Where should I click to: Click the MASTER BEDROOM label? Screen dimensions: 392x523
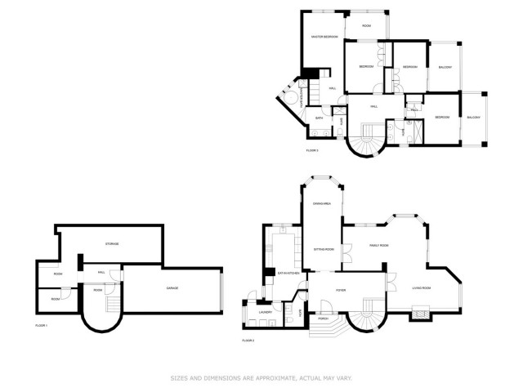[x=324, y=37]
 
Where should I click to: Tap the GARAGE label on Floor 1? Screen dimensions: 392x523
[x=172, y=288]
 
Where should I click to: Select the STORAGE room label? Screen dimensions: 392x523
[x=112, y=243]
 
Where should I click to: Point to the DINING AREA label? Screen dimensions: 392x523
[x=321, y=203]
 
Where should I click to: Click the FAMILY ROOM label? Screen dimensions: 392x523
[x=378, y=245]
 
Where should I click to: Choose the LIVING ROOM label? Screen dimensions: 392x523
[x=422, y=288]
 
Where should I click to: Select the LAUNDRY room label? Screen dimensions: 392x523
[x=265, y=312]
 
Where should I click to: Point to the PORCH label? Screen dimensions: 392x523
[x=324, y=318]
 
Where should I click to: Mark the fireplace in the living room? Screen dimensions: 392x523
[x=422, y=311]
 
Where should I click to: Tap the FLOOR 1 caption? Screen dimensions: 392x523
[x=42, y=326]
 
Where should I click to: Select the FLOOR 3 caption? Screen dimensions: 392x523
[x=312, y=150]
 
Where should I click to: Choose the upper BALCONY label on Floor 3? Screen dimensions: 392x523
[x=445, y=67]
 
